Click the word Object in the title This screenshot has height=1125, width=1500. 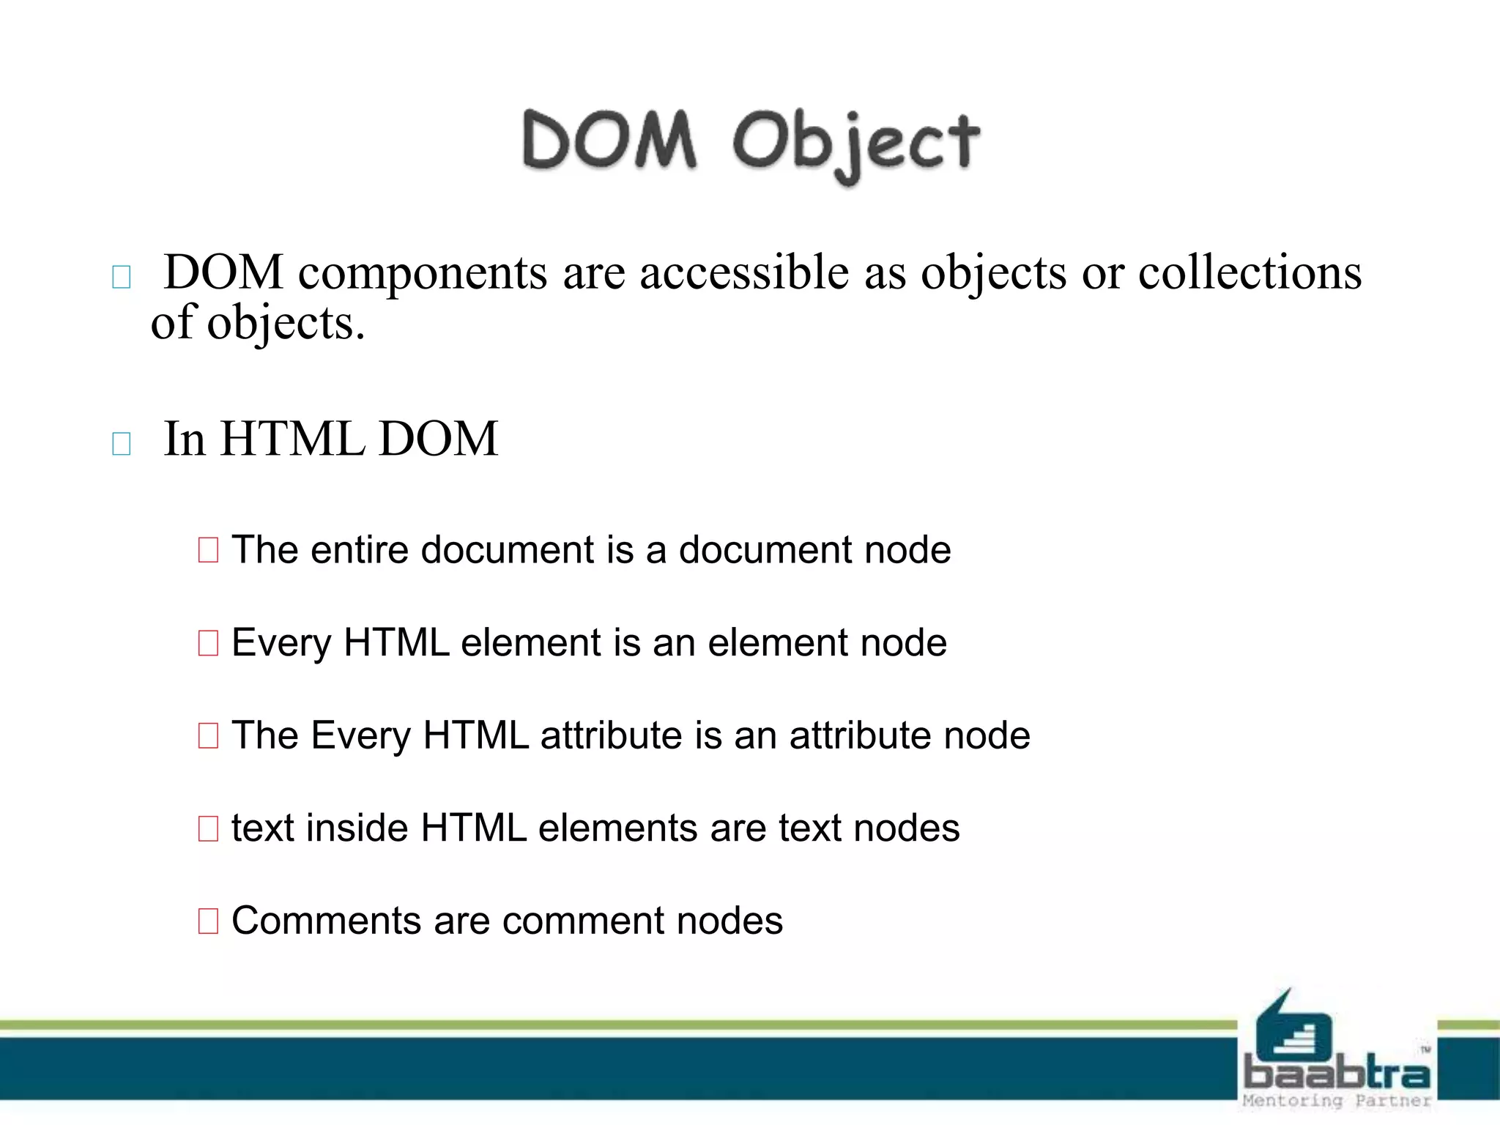pyautogui.click(x=855, y=143)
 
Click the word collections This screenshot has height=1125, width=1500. pyautogui.click(x=1250, y=272)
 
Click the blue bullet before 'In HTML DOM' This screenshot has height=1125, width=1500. pyautogui.click(x=122, y=444)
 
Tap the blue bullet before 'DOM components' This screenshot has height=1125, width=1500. pyautogui.click(x=122, y=278)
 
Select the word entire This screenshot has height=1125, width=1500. pyautogui.click(x=359, y=549)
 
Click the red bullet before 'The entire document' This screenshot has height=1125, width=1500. pyautogui.click(x=208, y=549)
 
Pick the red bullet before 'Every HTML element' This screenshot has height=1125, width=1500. pyautogui.click(x=208, y=643)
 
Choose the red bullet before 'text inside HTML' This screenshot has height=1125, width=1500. pyautogui.click(x=208, y=829)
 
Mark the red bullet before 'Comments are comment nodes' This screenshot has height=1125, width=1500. pyautogui.click(x=208, y=921)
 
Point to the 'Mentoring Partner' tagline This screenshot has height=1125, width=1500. pyautogui.click(x=1337, y=1101)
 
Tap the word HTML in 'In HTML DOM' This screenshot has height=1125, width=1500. pyautogui.click(x=292, y=439)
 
